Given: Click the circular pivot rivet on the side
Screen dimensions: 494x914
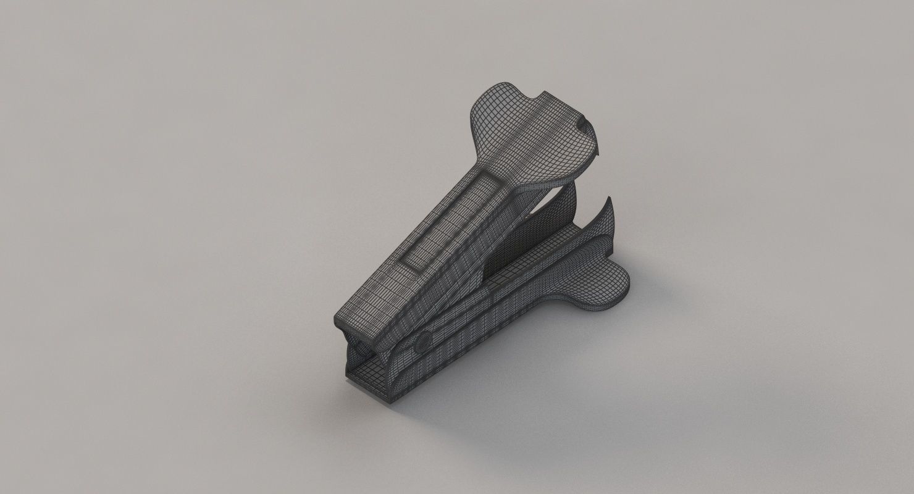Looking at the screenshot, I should [x=424, y=341].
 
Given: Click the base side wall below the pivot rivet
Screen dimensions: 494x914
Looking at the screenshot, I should [x=432, y=371].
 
